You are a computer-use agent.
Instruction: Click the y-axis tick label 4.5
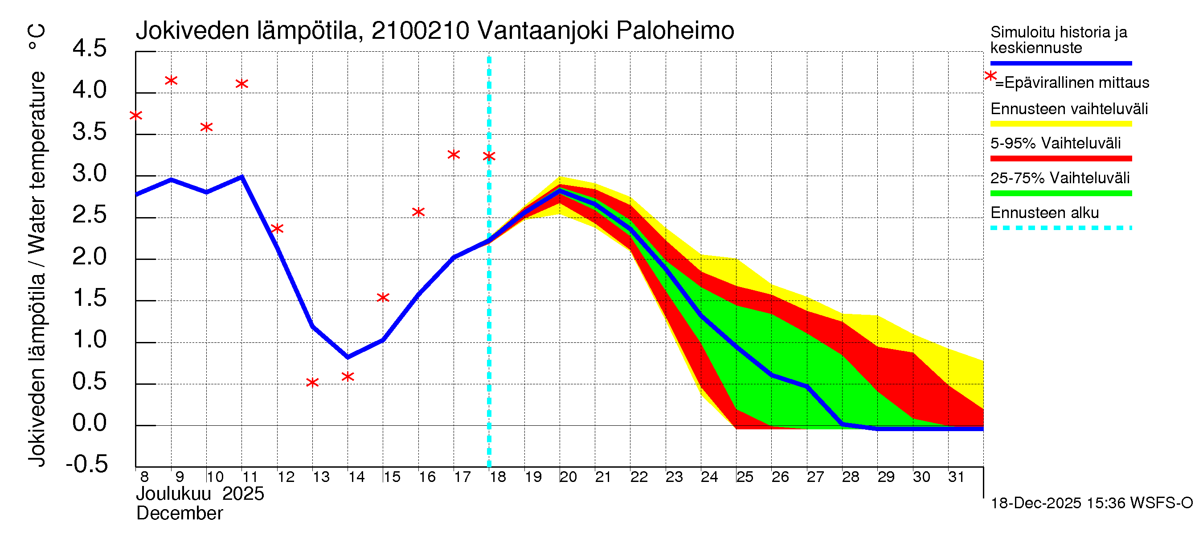(89, 49)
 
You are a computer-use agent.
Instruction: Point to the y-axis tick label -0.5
(87, 465)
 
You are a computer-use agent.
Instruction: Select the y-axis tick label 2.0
(89, 257)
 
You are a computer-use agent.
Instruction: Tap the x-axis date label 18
(498, 477)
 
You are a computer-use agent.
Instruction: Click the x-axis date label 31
(956, 477)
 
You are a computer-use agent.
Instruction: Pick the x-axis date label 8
(144, 477)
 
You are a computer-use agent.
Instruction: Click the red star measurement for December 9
(171, 81)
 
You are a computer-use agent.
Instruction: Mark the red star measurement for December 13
(312, 383)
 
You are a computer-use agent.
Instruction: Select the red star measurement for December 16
(418, 212)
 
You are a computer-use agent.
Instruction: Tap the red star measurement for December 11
(241, 84)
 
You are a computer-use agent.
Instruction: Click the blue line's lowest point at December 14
(348, 358)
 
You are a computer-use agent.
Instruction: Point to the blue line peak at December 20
(560, 190)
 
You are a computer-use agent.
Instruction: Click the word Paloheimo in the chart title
(675, 31)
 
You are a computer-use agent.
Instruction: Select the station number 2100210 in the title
(420, 31)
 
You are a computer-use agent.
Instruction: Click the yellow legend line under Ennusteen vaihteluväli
(1060, 124)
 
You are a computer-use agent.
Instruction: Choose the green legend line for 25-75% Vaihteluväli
(1060, 193)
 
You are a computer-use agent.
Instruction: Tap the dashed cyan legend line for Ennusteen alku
(1060, 228)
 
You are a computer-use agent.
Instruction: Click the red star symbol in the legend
(990, 76)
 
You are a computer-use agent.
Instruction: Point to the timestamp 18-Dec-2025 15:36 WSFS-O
(1091, 503)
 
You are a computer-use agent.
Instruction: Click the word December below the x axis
(179, 514)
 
